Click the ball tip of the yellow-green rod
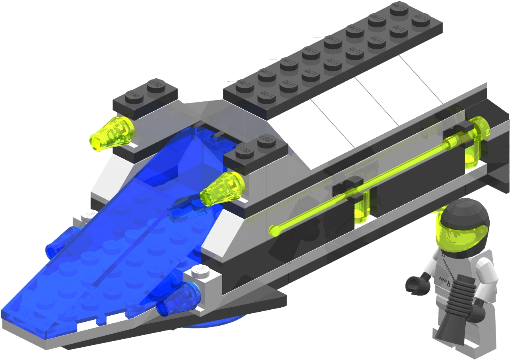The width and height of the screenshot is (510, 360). point(274,230)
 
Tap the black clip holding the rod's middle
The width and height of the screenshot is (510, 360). point(347,186)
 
